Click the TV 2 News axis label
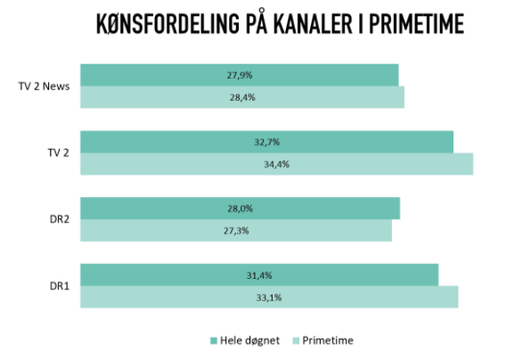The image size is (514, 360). (x=44, y=86)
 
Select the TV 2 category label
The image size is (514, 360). (x=59, y=152)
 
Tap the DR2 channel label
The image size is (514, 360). (x=60, y=219)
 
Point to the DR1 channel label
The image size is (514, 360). (x=60, y=286)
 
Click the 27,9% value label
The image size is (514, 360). (x=240, y=76)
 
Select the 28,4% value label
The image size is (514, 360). (x=242, y=97)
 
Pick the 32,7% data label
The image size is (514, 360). (x=267, y=142)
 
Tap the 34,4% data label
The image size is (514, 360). (x=277, y=164)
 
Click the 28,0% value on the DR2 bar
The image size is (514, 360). (x=240, y=209)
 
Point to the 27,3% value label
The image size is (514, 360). (x=236, y=231)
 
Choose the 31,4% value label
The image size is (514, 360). (x=259, y=275)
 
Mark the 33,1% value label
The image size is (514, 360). (x=269, y=298)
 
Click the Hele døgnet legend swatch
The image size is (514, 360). (x=214, y=341)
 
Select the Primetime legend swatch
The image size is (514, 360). (x=296, y=341)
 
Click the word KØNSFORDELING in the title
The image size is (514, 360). (x=167, y=24)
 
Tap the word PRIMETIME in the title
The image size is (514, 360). (x=416, y=24)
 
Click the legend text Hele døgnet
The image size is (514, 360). (x=249, y=340)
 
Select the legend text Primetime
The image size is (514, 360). (x=328, y=340)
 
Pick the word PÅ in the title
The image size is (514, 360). (x=257, y=21)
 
